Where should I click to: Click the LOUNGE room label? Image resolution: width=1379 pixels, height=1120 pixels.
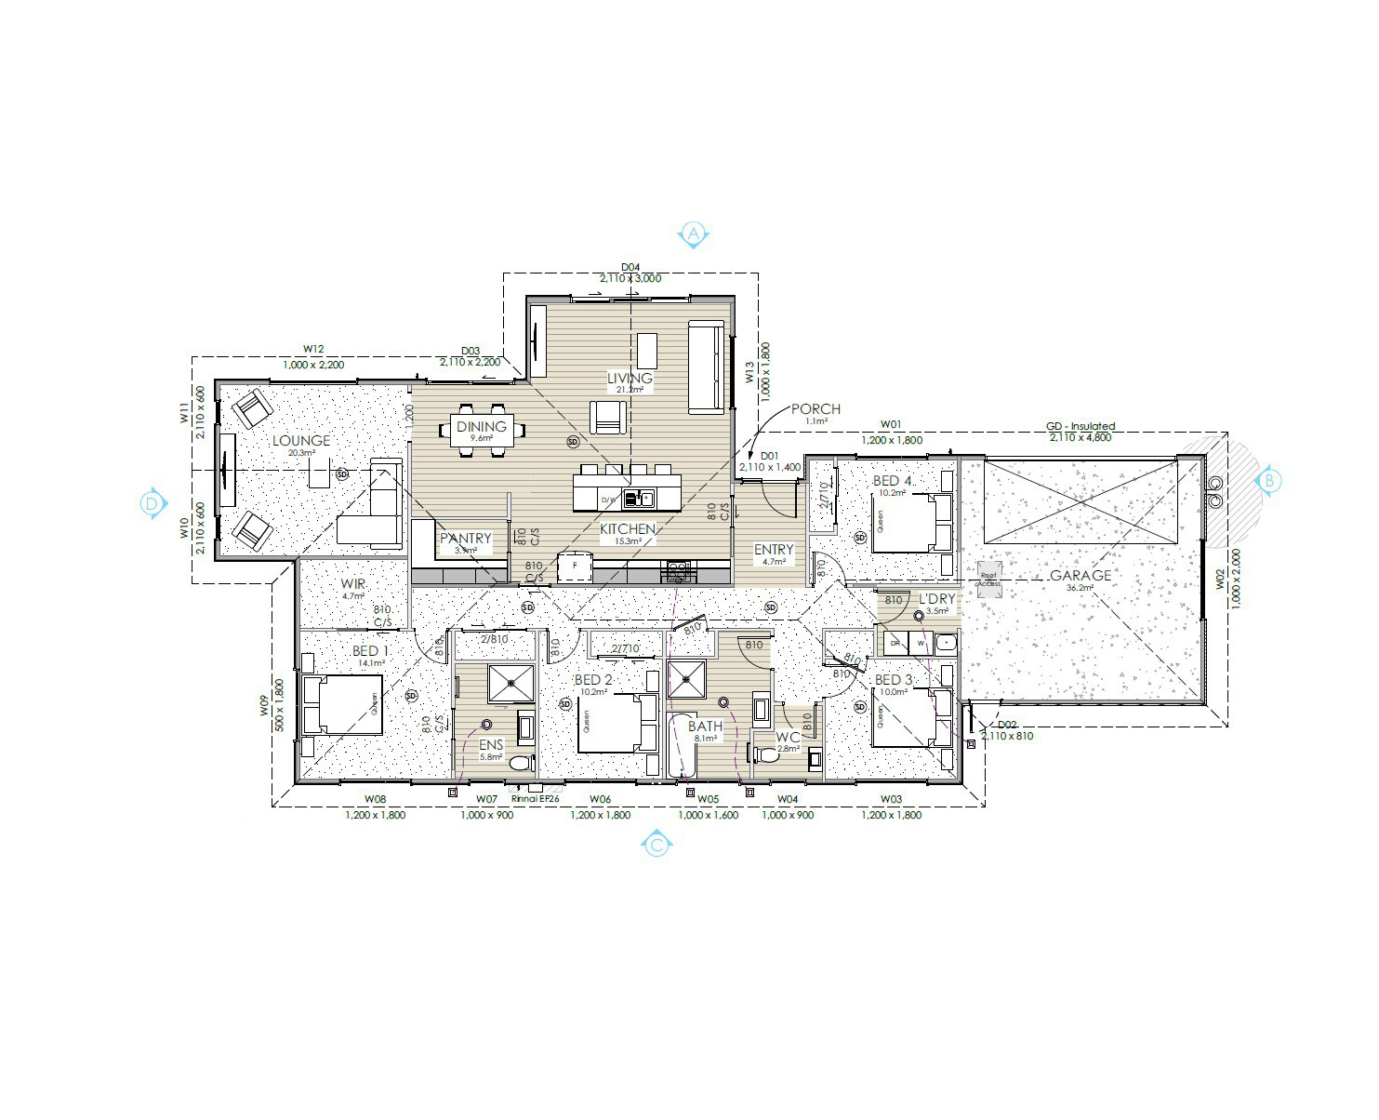click(301, 441)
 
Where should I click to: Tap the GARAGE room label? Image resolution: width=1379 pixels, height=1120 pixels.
click(1081, 576)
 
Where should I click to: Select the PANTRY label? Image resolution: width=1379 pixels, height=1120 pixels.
click(465, 539)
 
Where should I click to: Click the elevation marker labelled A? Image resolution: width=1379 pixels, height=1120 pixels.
click(694, 235)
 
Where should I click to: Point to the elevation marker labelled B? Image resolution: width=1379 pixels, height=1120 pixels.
click(1269, 481)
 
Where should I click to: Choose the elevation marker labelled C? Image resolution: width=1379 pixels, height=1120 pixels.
click(656, 845)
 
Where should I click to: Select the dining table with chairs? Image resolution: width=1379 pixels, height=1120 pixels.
click(482, 429)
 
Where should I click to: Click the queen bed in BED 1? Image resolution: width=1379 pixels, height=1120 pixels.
click(338, 704)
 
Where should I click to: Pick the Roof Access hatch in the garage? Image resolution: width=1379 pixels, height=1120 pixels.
click(988, 575)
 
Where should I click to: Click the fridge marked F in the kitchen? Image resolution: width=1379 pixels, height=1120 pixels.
click(574, 566)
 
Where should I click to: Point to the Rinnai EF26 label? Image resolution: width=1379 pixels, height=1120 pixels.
click(535, 798)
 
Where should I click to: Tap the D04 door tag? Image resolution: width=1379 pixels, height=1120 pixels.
click(630, 267)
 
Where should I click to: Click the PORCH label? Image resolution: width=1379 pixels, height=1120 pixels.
click(815, 409)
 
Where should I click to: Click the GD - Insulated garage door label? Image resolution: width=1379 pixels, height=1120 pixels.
click(1080, 427)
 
